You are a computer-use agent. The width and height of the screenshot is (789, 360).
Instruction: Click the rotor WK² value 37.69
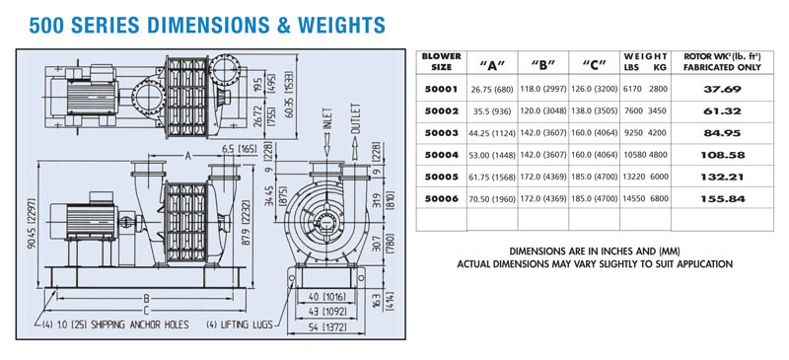click(x=722, y=90)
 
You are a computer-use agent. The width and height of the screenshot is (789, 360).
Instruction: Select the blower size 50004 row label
click(x=441, y=155)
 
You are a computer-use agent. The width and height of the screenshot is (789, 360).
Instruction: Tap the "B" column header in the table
click(x=543, y=64)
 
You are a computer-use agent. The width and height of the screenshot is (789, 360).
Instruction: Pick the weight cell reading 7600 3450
click(x=645, y=111)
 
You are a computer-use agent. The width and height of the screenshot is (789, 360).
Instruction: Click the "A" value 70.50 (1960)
click(x=492, y=199)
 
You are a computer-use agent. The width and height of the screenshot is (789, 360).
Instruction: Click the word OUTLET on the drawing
click(x=355, y=118)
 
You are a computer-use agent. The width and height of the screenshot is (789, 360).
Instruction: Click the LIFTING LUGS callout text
click(x=240, y=324)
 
